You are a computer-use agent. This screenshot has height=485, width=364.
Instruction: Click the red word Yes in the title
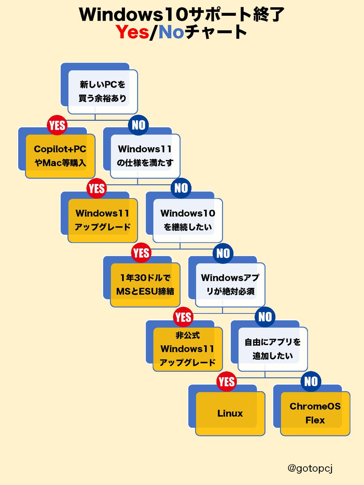[133, 32]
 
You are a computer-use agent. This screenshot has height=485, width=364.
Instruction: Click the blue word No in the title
[171, 32]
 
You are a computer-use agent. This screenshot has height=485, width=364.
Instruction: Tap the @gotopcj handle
[310, 468]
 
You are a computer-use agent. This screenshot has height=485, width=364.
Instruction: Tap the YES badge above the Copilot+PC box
[57, 125]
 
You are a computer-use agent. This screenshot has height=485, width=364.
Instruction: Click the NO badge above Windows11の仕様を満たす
[138, 125]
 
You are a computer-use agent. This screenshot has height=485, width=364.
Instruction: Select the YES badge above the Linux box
[226, 382]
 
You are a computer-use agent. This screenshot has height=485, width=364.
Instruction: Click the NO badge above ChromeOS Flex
[311, 382]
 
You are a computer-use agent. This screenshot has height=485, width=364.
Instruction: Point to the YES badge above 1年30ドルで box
[141, 253]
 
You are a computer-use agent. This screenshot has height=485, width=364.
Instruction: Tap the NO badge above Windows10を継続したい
[181, 188]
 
